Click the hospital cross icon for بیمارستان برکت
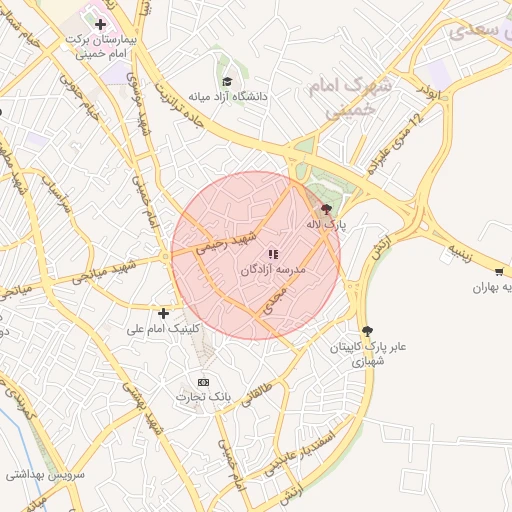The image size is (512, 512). coord(100,24)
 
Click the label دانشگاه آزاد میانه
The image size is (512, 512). coord(236,97)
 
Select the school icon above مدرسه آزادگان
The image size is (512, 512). coord(273,255)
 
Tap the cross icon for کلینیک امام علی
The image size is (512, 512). coord(163,313)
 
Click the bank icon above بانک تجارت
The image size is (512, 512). coord(204,382)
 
